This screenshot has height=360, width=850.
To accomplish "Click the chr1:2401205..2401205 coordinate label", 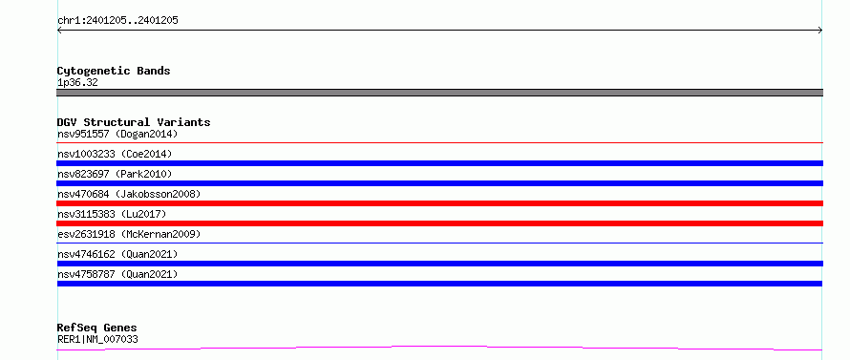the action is (117, 21).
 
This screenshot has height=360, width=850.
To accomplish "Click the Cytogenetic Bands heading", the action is (114, 71).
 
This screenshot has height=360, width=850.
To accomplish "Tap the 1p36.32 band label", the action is (77, 83).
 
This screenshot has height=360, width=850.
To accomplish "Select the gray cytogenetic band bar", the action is (439, 93).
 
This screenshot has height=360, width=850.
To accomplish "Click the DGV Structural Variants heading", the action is (134, 122).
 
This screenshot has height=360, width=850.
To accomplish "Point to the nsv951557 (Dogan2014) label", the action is (117, 134).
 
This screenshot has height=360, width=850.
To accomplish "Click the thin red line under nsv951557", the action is (439, 142).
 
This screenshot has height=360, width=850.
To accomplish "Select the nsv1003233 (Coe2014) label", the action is (115, 154).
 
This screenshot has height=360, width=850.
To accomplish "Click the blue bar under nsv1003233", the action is (439, 163).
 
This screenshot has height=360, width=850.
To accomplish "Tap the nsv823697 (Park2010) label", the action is (115, 174).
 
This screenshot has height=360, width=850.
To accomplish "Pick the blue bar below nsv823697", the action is (439, 183).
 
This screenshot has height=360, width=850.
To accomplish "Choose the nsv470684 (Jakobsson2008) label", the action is (129, 194).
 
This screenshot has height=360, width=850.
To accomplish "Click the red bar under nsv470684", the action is (439, 203).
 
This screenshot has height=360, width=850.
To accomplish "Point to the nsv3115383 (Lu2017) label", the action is (112, 214).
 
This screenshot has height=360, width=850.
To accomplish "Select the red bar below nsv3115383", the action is (439, 223).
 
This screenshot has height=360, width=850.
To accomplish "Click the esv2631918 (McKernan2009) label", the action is (129, 234).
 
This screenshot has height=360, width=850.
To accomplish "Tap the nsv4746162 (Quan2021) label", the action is (117, 254).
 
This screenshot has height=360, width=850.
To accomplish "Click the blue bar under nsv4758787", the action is (439, 284).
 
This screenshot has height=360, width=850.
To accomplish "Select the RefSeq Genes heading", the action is (97, 328).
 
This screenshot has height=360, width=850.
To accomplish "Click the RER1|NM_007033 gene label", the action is (97, 340).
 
